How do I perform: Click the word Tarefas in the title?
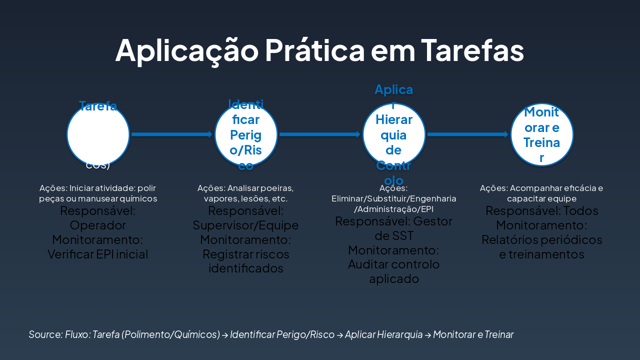tap(472, 50)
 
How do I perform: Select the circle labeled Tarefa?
tap(98, 134)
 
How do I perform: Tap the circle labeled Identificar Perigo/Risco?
tap(246, 134)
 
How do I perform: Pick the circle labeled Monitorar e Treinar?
tap(542, 134)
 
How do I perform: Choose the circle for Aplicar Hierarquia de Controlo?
tap(394, 134)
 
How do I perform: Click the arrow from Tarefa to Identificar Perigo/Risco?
tap(171, 134)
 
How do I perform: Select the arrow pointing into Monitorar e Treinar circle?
tap(467, 134)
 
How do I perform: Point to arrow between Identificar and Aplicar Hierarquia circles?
tap(319, 134)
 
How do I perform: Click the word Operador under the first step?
tap(98, 225)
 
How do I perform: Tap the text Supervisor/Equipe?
tap(245, 225)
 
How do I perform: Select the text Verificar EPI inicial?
tap(98, 254)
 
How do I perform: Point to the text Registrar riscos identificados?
tap(245, 261)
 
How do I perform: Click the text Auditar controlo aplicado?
tap(394, 271)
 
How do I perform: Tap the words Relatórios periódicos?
tap(542, 239)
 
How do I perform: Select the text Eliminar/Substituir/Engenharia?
tap(394, 198)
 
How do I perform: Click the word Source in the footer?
tap(45, 334)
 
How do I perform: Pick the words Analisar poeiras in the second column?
tap(260, 188)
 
